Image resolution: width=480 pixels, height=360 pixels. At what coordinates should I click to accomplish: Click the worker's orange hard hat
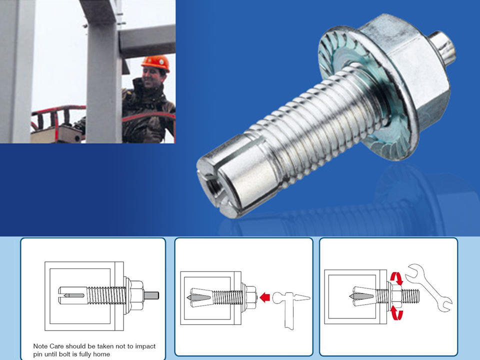[155, 63]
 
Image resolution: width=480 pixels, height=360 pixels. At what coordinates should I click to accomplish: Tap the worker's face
[153, 77]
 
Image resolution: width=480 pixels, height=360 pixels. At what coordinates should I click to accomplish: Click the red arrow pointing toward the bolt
[265, 297]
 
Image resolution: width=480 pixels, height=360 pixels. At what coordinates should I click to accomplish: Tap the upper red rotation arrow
[396, 278]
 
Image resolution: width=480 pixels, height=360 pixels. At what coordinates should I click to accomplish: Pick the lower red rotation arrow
[396, 313]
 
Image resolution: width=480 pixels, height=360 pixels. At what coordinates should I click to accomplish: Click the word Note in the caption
[40, 346]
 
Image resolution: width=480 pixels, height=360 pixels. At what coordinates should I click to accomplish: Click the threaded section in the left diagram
[106, 295]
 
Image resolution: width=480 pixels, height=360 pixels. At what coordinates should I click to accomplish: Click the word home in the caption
[101, 354]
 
